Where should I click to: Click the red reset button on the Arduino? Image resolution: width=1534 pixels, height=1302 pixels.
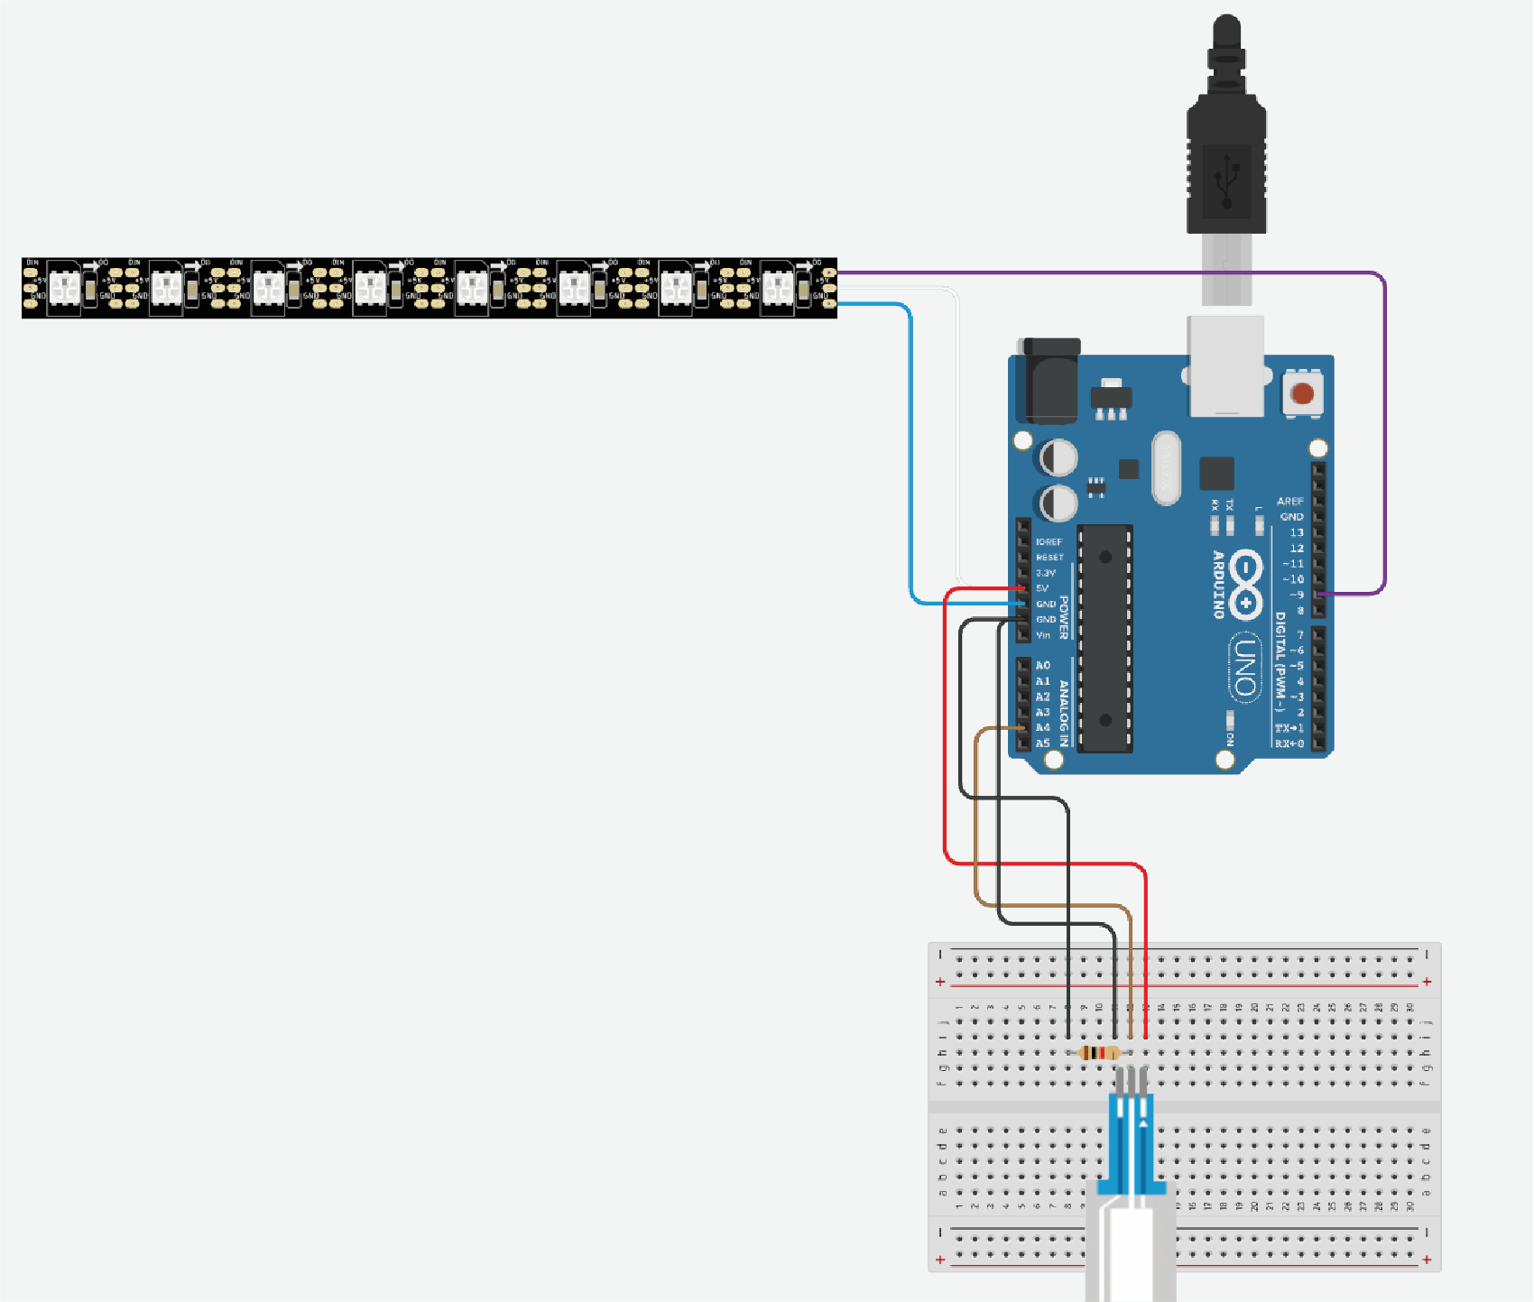[x=1302, y=393]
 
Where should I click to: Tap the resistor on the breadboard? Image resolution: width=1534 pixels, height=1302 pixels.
[x=1099, y=1053]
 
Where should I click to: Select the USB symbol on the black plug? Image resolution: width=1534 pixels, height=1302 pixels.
[x=1226, y=180]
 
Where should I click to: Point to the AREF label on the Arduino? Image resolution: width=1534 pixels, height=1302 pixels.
[x=1289, y=501]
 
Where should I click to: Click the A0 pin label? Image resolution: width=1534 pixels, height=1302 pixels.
[x=1043, y=666]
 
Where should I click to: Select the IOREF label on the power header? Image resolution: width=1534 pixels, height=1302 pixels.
[x=1049, y=542]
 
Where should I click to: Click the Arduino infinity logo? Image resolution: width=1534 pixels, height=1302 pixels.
[x=1245, y=584]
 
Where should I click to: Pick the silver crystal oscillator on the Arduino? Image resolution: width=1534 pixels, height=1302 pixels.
[x=1166, y=467]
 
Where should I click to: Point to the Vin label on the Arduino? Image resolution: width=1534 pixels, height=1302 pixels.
[x=1043, y=635]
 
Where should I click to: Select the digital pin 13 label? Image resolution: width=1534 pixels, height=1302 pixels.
[x=1296, y=532]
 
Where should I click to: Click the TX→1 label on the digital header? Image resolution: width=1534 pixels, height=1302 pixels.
[x=1289, y=728]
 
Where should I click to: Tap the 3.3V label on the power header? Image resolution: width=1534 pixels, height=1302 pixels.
[x=1046, y=573]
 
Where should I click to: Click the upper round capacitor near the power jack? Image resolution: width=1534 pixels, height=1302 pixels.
[x=1058, y=457]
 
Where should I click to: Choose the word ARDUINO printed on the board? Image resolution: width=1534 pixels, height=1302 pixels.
[x=1218, y=584]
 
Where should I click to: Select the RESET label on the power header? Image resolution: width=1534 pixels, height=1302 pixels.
[x=1049, y=558]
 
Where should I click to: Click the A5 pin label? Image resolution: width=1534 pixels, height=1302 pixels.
[x=1043, y=743]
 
